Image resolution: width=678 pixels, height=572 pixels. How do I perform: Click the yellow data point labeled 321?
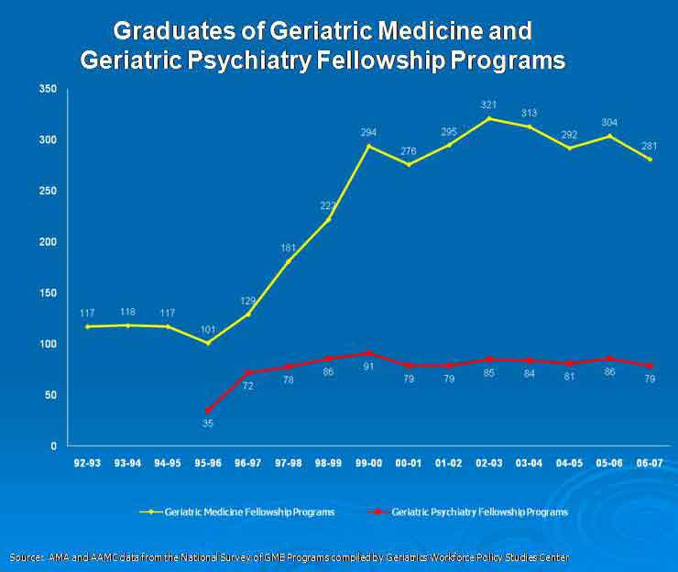point(489,118)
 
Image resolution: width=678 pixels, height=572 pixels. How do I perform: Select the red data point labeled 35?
point(208,410)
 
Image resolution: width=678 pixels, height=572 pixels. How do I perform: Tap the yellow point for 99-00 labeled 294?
point(369,146)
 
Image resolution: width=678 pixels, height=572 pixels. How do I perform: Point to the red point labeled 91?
point(369,353)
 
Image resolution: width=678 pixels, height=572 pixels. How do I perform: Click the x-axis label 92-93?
point(88,463)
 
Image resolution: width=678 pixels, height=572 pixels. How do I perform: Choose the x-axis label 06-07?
point(650,463)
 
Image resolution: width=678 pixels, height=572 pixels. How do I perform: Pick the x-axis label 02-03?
point(489,463)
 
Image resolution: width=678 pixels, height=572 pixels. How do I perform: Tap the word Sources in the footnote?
point(25,557)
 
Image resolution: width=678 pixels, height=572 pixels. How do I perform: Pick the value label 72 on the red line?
point(247,386)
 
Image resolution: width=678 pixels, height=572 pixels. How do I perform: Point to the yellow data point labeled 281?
point(650,159)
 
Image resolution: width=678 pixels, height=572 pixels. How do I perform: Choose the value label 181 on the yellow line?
point(289,247)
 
